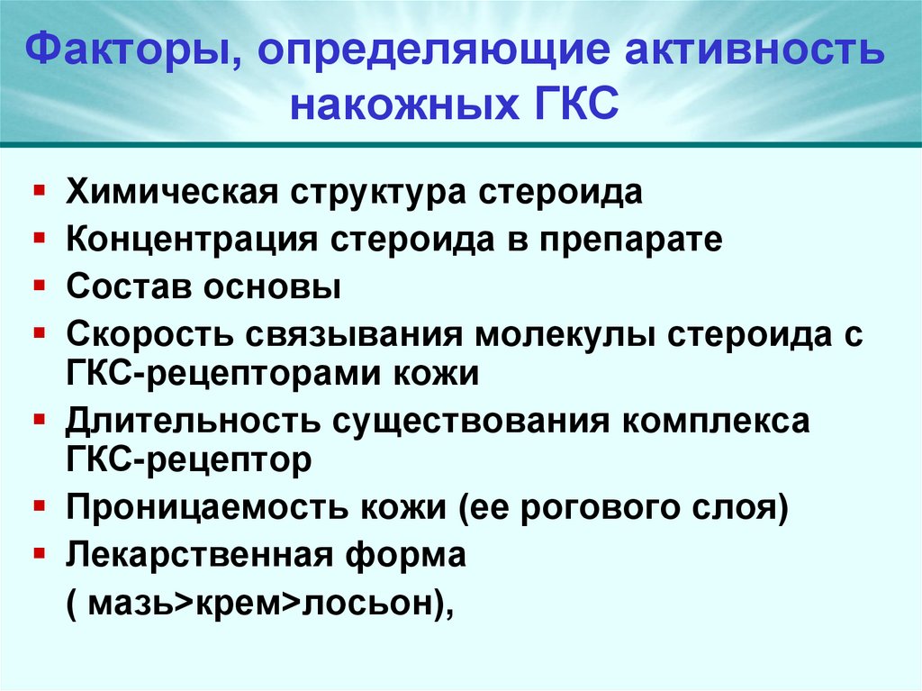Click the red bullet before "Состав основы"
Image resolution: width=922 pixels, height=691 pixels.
click(x=41, y=286)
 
